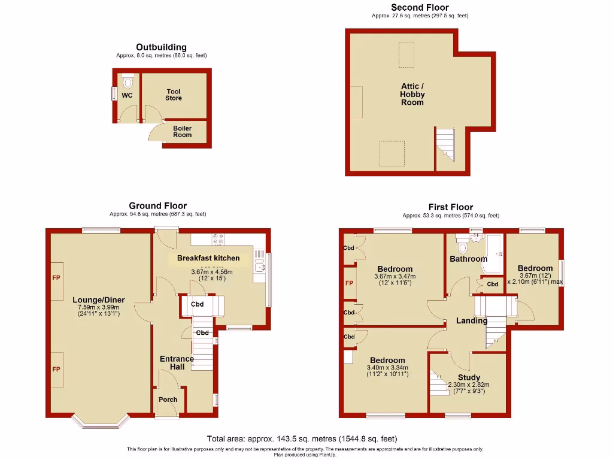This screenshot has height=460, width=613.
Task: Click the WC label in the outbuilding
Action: click(127, 95)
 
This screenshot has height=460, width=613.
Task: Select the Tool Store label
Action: click(174, 95)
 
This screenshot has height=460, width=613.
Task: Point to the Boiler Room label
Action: click(183, 131)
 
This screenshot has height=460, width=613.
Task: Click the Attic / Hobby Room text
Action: click(412, 94)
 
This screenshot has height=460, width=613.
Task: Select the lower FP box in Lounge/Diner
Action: click(57, 370)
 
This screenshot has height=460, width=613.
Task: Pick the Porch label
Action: click(168, 400)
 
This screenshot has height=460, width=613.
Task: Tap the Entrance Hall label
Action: click(177, 363)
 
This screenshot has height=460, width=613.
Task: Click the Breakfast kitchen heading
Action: click(208, 258)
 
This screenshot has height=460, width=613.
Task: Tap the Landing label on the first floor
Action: click(472, 321)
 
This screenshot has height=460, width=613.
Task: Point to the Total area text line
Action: click(302, 438)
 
